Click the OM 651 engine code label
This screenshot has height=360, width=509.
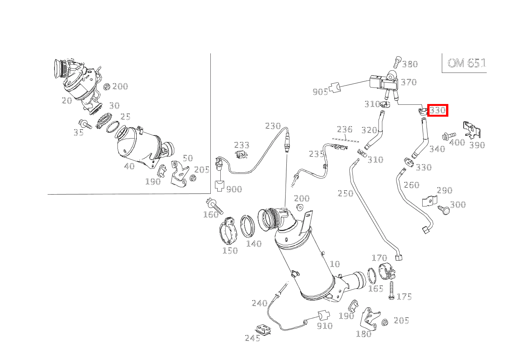466,63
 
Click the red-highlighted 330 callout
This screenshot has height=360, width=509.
438,111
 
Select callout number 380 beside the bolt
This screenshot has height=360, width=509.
410,64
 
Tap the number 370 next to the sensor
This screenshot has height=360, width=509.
409,82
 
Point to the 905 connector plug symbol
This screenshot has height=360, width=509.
335,88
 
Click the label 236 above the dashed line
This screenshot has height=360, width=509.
344,129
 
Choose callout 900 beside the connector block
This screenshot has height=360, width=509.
234,189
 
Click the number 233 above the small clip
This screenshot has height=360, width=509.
242,145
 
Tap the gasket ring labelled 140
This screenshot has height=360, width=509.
248,226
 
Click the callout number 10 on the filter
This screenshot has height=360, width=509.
335,264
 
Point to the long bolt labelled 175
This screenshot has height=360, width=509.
391,291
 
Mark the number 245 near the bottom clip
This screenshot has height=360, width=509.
253,338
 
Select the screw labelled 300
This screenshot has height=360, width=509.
444,210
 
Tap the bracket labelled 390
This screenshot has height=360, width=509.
472,130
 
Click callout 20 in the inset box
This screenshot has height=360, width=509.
67,101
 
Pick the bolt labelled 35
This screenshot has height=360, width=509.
85,124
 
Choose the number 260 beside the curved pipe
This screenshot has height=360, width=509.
411,185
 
